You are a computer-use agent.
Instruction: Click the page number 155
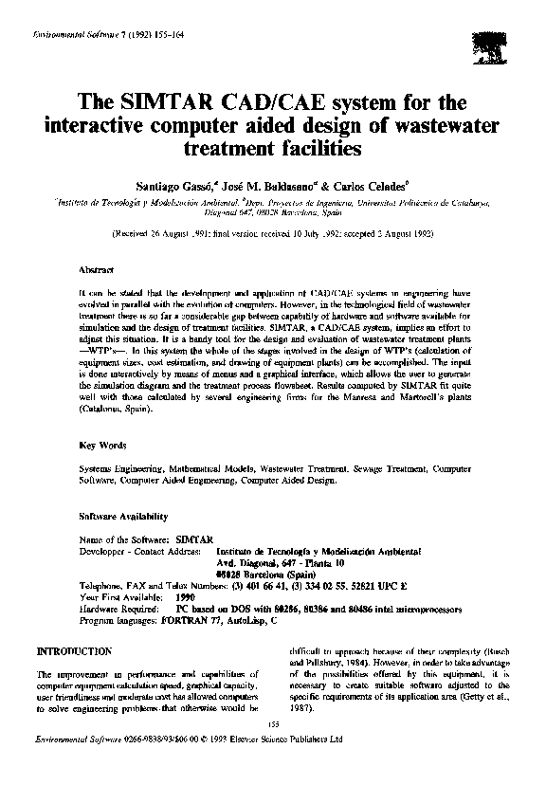tap(272, 724)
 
